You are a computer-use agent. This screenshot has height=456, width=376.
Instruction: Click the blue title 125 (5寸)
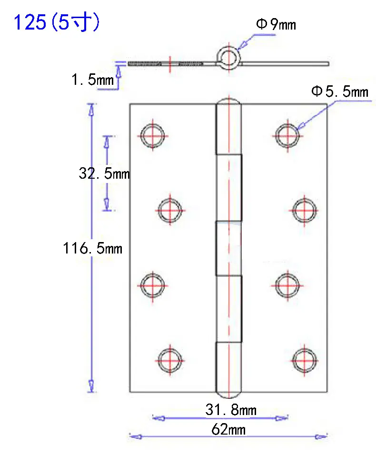56,22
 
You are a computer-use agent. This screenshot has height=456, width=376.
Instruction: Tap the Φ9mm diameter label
276,24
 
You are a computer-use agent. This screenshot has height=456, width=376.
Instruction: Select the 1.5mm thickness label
93,79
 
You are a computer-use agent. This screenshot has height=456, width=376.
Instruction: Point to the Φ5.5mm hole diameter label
340,91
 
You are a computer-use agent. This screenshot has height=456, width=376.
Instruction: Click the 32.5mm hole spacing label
104,173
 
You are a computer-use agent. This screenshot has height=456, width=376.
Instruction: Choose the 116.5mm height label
93,248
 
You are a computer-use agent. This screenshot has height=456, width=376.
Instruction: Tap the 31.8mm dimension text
231,410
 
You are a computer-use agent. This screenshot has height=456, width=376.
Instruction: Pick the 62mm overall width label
228,429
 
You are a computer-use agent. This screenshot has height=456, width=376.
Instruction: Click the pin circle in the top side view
229,58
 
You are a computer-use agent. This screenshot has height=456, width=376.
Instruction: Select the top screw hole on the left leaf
153,135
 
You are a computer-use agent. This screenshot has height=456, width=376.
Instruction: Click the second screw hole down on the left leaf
170,210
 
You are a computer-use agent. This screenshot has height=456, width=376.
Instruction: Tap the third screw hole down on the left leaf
153,285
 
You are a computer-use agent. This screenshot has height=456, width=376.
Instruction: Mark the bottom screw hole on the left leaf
170,360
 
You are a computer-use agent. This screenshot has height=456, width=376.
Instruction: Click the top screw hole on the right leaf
287,135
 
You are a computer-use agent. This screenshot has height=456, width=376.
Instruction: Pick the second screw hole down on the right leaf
304,210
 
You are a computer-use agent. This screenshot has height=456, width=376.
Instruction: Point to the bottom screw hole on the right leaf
304,360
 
